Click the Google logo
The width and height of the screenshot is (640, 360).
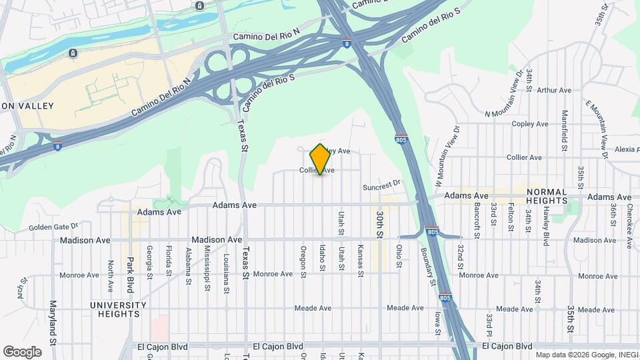pos(22,351)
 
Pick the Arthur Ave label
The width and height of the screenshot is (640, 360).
pos(554,90)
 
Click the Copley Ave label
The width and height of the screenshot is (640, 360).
pos(530,124)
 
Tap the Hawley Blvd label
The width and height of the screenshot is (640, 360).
pos(545,225)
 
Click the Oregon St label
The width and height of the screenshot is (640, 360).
pos(303,259)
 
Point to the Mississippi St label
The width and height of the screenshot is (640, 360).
pos(207,269)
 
